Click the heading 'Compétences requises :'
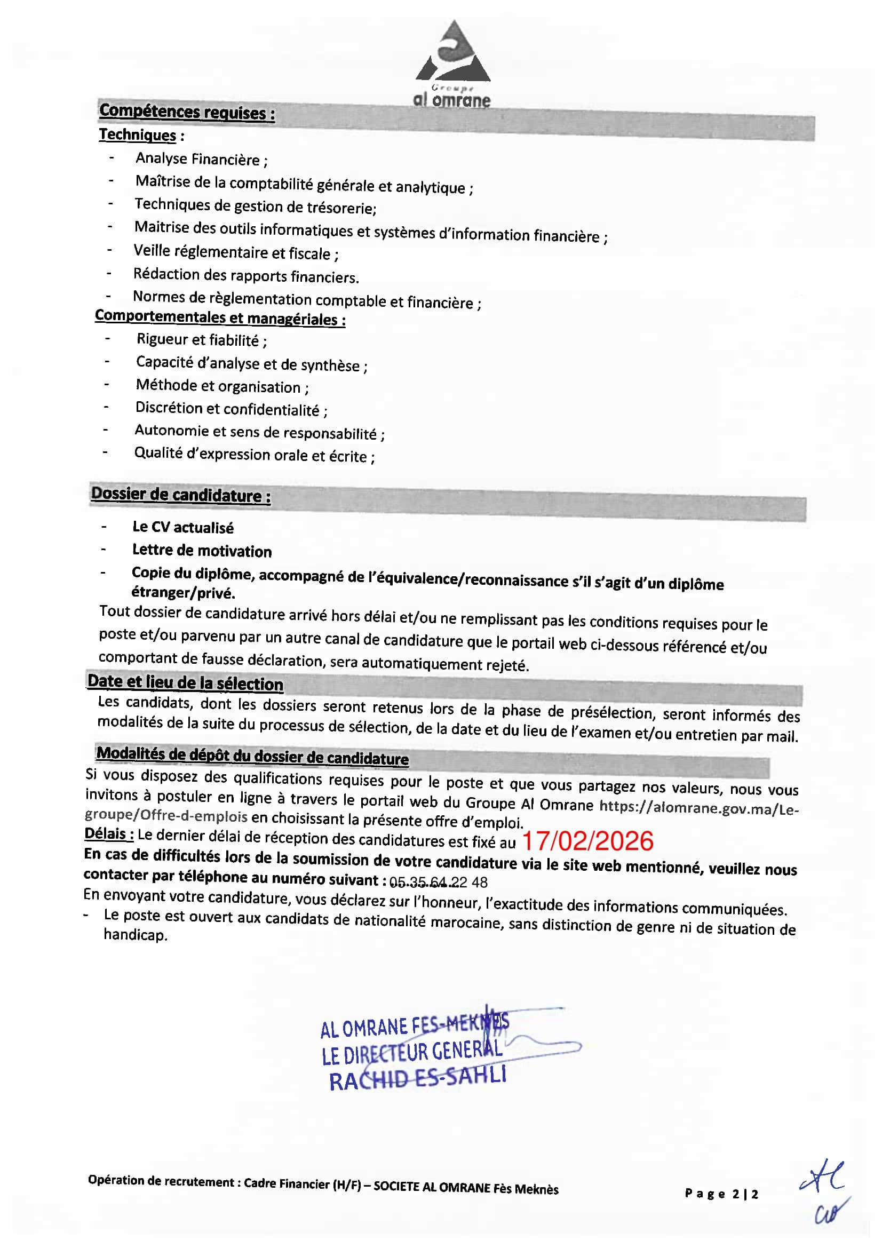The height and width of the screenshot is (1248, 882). (186, 113)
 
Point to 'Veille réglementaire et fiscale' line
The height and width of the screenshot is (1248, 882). (236, 252)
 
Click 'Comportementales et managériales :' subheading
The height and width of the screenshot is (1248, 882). (220, 317)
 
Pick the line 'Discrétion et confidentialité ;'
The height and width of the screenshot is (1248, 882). (231, 409)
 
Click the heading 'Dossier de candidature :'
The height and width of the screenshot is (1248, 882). (180, 495)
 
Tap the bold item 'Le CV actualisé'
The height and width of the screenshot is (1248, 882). (182, 527)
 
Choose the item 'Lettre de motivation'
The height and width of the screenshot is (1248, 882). (202, 551)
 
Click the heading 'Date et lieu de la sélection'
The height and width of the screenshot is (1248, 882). (185, 682)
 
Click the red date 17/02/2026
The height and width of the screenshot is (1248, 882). (587, 841)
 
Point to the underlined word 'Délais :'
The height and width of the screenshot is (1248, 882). (109, 833)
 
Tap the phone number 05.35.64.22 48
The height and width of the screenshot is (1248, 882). (438, 881)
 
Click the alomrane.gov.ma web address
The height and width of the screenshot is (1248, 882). (698, 808)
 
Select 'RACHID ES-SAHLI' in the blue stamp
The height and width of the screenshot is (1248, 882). (417, 1078)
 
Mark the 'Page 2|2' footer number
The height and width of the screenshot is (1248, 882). (721, 1194)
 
